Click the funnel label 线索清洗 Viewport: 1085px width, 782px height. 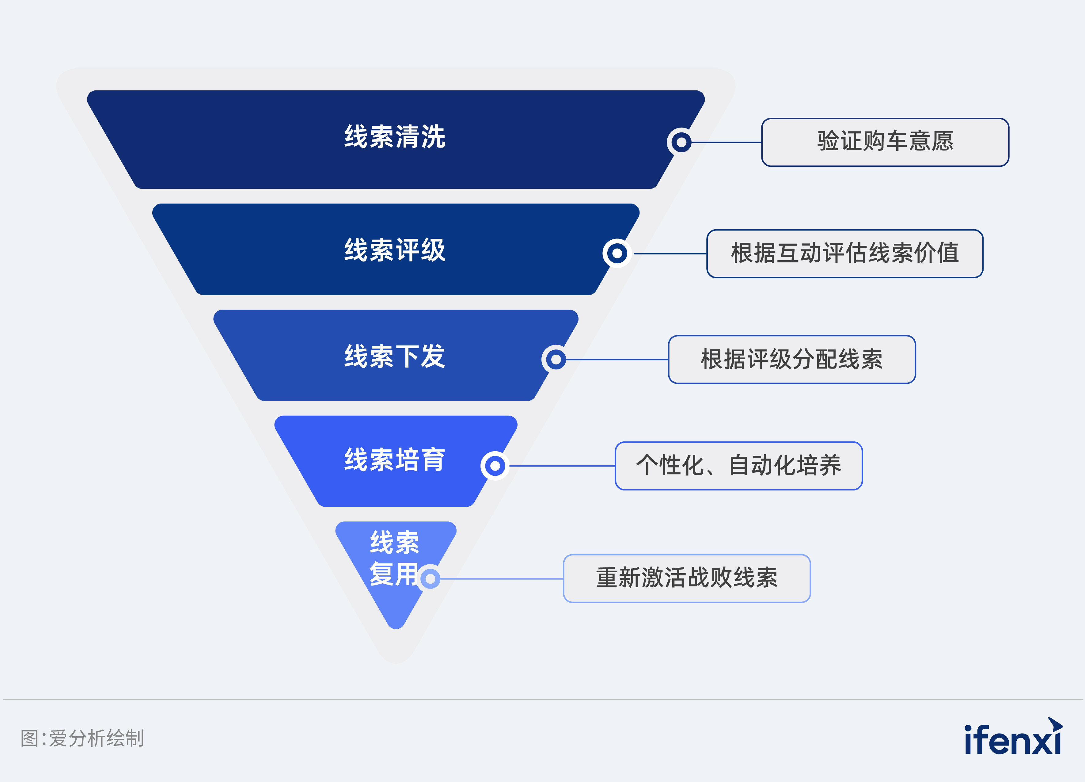tap(395, 137)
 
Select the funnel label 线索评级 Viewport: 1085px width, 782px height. tap(395, 250)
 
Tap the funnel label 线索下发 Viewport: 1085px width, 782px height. tap(395, 356)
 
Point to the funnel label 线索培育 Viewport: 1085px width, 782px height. tap(395, 460)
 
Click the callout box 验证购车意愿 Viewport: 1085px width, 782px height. tap(885, 142)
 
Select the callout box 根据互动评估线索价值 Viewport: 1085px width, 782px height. tap(845, 254)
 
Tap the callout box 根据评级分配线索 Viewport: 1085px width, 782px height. tap(792, 359)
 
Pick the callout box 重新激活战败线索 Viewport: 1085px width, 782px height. tap(686, 578)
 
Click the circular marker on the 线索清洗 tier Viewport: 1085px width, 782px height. tap(681, 142)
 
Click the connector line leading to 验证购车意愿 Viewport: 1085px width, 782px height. tap(727, 142)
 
